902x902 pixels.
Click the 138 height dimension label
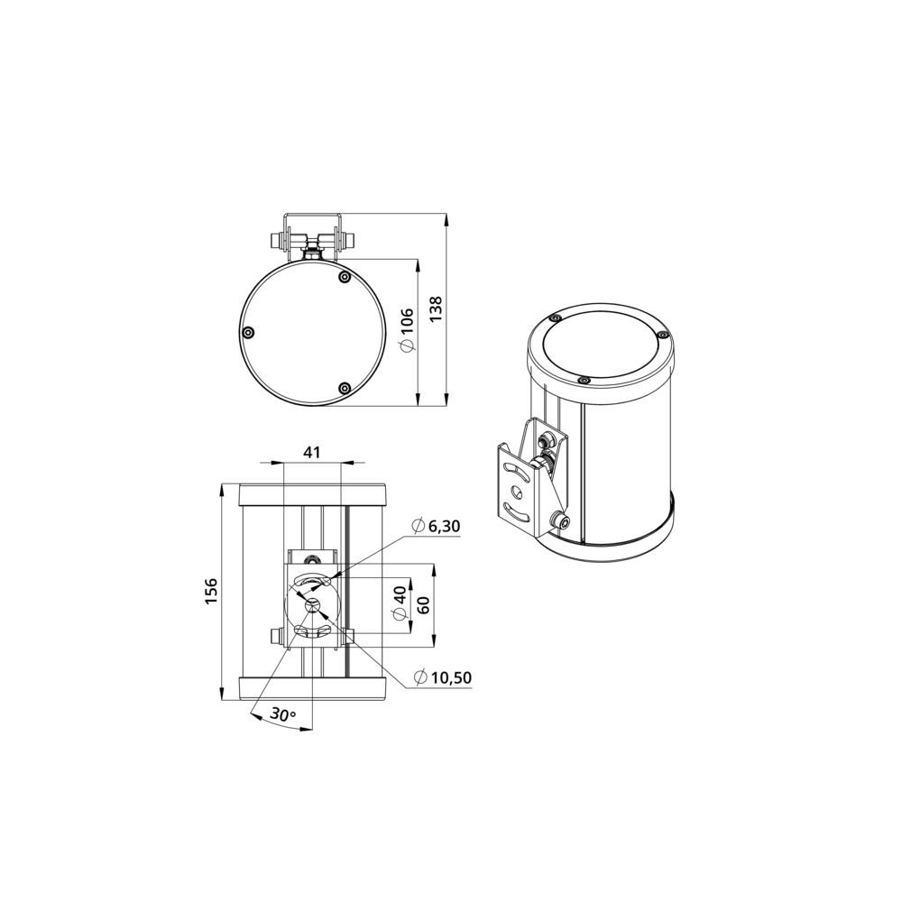pyautogui.click(x=436, y=308)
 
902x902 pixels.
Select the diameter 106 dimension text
pyautogui.click(x=406, y=329)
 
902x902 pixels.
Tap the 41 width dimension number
pyautogui.click(x=312, y=452)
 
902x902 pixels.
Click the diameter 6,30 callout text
pyautogui.click(x=436, y=526)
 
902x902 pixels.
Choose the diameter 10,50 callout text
pyautogui.click(x=442, y=677)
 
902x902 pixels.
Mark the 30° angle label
pyautogui.click(x=283, y=715)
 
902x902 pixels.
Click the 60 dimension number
pyautogui.click(x=423, y=605)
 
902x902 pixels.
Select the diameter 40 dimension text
pyautogui.click(x=400, y=604)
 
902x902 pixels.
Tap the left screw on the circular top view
pyautogui.click(x=249, y=333)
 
